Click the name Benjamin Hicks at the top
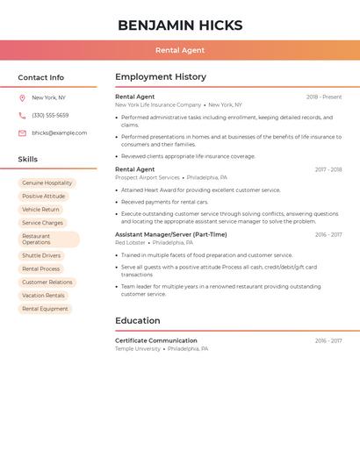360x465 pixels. (x=180, y=25)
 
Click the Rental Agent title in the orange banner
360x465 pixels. (x=180, y=50)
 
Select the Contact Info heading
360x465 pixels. (x=41, y=77)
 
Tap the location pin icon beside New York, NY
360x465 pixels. (x=22, y=97)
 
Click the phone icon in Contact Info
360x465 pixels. (x=22, y=115)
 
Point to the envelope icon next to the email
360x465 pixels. (x=22, y=132)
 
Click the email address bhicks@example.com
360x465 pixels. (x=60, y=132)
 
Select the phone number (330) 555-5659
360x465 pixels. (x=50, y=115)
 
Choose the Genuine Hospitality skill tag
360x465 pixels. (x=47, y=183)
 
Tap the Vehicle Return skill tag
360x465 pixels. (x=41, y=210)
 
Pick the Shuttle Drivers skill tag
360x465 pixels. (x=41, y=255)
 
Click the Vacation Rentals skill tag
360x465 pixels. (x=44, y=296)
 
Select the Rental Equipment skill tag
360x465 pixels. (x=45, y=309)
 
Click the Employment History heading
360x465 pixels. (x=161, y=77)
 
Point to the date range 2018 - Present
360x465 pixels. (x=324, y=97)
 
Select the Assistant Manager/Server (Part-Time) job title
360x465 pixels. (x=171, y=234)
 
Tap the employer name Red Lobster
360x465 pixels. (x=131, y=242)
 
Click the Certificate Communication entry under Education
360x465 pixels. (x=156, y=340)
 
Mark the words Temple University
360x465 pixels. (x=138, y=348)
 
